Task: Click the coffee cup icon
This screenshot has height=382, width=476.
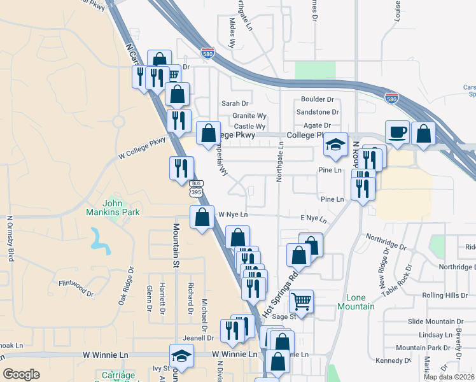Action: point(398,132)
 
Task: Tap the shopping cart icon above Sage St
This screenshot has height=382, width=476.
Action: point(301,301)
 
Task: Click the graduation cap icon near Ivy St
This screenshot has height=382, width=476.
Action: point(181,356)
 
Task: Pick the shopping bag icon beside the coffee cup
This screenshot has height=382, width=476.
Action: point(423,134)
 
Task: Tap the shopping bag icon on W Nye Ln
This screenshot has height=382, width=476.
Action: point(202,217)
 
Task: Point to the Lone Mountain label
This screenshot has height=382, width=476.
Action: point(360,302)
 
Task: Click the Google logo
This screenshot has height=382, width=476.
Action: point(22,374)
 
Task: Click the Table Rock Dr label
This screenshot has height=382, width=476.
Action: point(397,280)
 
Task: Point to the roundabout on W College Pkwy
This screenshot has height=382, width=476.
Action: point(118,121)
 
